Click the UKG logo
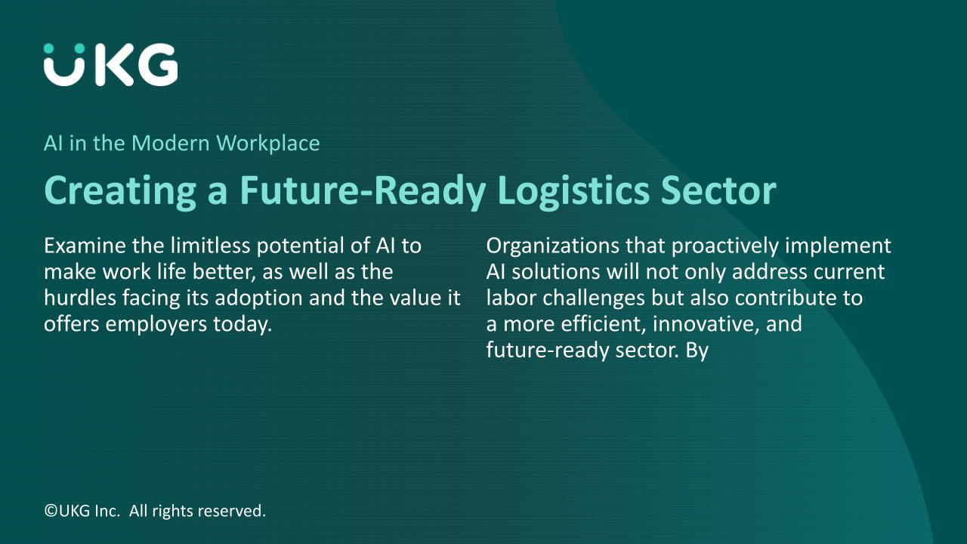[x=110, y=64]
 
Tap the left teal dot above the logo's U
[x=49, y=48]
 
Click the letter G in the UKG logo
[x=157, y=65]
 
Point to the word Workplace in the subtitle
[x=268, y=144]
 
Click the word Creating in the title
[x=120, y=191]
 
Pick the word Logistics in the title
[x=573, y=191]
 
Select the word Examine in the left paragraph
[x=85, y=246]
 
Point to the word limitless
[x=210, y=246]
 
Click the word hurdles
[x=80, y=298]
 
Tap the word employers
[x=156, y=325]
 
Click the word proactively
[x=724, y=246]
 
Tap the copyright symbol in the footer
[x=51, y=511]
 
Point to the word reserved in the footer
[x=232, y=512]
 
